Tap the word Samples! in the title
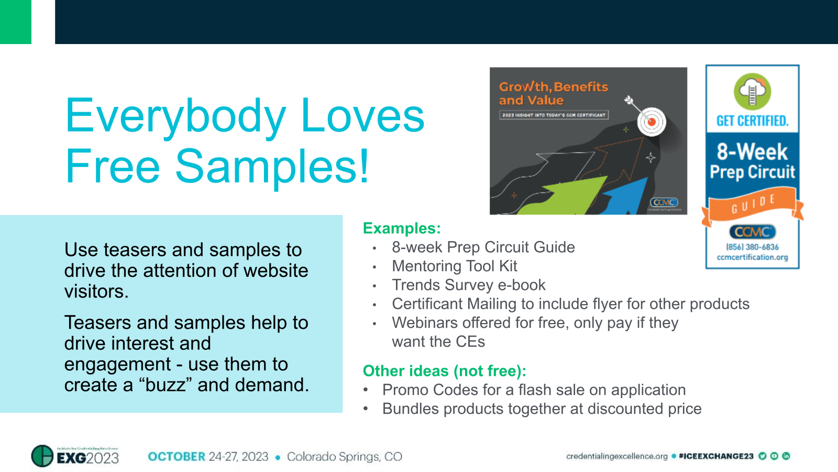272,167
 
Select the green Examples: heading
402,228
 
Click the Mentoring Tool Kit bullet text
454,266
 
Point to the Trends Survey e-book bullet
468,285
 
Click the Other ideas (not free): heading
444,371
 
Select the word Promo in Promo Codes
404,390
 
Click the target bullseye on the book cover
651,122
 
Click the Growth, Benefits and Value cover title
553,93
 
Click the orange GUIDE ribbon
752,206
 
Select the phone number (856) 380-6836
752,247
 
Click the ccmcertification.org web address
752,257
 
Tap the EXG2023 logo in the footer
75,456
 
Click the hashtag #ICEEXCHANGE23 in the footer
716,456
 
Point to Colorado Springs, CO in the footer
344,456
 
